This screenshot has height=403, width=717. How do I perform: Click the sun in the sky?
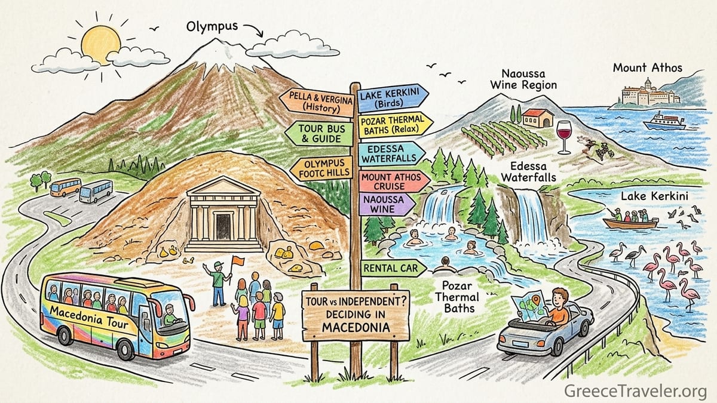pos(101,44)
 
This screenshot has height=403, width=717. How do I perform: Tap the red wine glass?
pos(563,137)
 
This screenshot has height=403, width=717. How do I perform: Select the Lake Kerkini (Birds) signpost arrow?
pos(393,98)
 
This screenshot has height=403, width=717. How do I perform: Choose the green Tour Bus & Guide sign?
pos(319,134)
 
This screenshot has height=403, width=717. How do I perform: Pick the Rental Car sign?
pos(393,268)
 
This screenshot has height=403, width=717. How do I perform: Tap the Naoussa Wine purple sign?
pos(387,204)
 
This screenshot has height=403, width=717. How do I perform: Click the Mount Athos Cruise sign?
pos(394,181)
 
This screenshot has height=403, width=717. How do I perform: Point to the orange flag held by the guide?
pos(238,261)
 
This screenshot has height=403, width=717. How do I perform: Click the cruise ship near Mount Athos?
pos(664,121)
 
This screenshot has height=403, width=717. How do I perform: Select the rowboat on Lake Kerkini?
pos(630,223)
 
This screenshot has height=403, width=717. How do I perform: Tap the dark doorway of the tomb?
pos(223,226)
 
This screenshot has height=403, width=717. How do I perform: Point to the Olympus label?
pos(212,26)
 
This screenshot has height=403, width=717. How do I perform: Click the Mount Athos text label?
pos(648,68)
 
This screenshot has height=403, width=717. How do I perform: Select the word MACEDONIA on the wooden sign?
pos(356,327)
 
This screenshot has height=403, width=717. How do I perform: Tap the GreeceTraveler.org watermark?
pos(635,391)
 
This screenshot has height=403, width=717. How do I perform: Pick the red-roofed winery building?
pos(538,118)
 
